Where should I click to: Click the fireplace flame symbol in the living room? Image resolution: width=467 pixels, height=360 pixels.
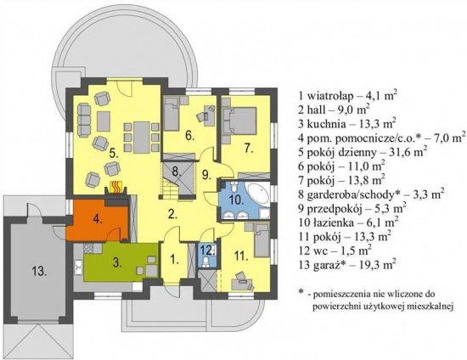click(x=115, y=188)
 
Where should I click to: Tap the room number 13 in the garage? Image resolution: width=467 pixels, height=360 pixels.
click(x=40, y=272)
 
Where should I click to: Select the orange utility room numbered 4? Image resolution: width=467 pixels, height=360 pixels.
click(x=97, y=220)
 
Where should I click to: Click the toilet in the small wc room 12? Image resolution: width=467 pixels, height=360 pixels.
click(x=205, y=262)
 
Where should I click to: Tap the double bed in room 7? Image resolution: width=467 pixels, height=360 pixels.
click(x=240, y=121)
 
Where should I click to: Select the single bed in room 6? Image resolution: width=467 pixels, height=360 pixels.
click(x=171, y=115)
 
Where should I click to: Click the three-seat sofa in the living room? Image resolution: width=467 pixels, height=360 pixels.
click(x=84, y=120)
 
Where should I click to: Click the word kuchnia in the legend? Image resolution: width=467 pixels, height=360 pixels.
click(x=326, y=124)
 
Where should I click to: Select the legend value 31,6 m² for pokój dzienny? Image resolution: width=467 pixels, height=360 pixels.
click(x=407, y=152)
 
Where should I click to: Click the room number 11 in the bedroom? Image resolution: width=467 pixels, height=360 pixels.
click(x=241, y=256)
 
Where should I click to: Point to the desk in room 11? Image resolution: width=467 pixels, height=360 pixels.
click(x=241, y=284)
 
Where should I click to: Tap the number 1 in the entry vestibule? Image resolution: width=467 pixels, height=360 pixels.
click(x=174, y=261)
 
